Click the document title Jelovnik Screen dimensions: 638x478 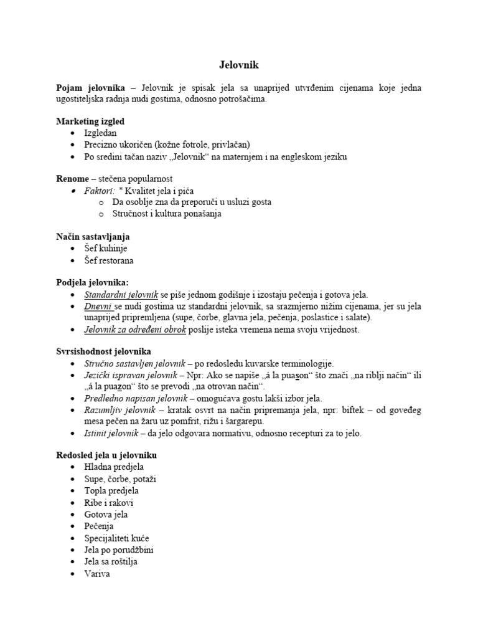pos(238,64)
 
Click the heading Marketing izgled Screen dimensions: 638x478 pos(94,121)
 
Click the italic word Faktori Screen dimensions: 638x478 pos(100,191)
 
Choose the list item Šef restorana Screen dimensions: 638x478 pos(109,260)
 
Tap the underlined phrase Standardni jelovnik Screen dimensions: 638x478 pos(121,295)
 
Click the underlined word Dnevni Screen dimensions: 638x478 pos(98,307)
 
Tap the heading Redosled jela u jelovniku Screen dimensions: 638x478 pos(106,455)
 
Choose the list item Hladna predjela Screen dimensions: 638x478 pos(114,467)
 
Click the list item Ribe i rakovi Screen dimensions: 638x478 pos(109,502)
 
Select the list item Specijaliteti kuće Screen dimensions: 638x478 pos(116,538)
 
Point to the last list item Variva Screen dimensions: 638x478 pos(97,573)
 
